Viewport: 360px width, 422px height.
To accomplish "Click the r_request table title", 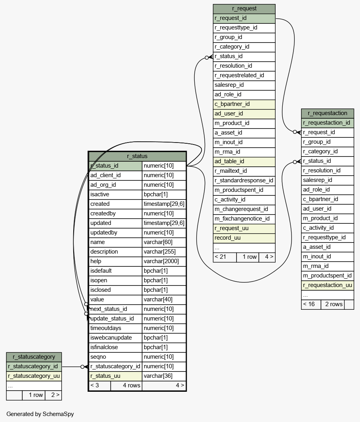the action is pos(244,9).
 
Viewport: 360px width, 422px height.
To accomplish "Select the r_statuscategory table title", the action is pos(34,357).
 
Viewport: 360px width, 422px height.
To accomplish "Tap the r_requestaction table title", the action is pos(327,113).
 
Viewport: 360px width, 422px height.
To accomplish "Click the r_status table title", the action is pos(137,156).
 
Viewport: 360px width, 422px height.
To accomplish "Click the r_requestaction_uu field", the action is pos(327,285).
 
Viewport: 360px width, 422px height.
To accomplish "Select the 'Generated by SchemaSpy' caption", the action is pos(40,414).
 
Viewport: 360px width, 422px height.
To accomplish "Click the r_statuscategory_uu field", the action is pos(34,376).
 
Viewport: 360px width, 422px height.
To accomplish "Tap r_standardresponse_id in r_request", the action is pos(244,181).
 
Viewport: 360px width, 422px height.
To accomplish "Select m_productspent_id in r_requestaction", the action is pos(327,275).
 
